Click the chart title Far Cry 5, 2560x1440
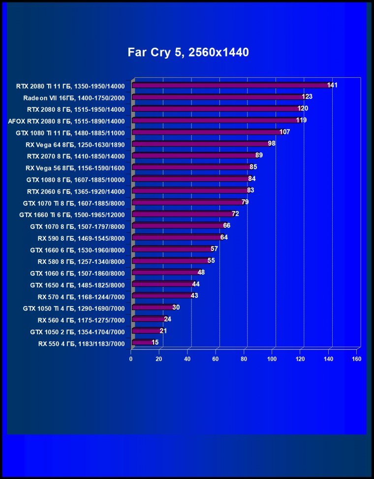(x=188, y=52)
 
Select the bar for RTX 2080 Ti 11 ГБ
(x=231, y=85)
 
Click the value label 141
(x=332, y=85)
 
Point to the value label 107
(x=284, y=132)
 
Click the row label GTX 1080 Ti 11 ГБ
(x=70, y=132)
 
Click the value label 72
(x=235, y=214)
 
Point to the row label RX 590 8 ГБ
(x=81, y=238)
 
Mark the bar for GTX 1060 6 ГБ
(x=165, y=272)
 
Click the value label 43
(x=194, y=295)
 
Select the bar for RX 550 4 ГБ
(x=142, y=342)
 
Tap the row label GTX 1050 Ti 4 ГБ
(x=74, y=309)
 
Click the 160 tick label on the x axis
(x=357, y=359)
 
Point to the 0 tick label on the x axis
(x=131, y=359)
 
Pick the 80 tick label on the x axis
(x=244, y=359)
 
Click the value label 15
(x=155, y=342)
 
